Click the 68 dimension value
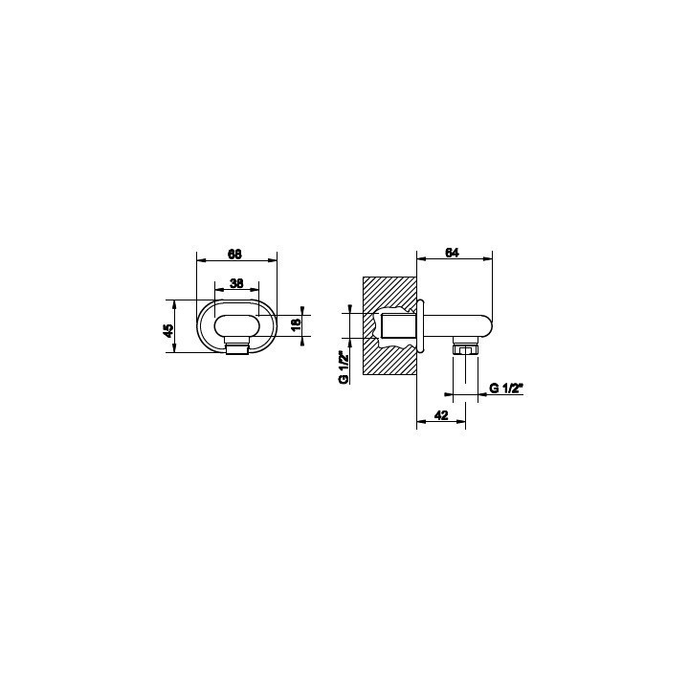tap(235, 254)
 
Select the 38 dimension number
tap(236, 283)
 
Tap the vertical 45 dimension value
tap(168, 330)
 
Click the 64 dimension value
tap(452, 253)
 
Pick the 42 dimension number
tap(441, 415)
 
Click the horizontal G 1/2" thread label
tap(505, 389)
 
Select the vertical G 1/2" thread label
tap(344, 367)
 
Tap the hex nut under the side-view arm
tap(465, 350)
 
